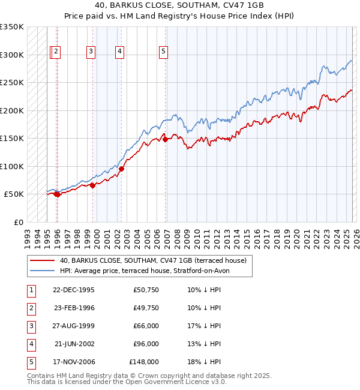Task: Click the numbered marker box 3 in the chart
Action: [91, 52]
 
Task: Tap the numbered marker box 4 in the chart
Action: [120, 52]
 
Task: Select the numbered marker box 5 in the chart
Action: [163, 52]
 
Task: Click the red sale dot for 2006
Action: [166, 139]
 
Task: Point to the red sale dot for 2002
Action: [121, 169]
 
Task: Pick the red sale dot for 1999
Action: [93, 185]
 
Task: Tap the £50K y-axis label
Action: [14, 194]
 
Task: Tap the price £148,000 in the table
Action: [144, 362]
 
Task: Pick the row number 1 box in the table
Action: [31, 290]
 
